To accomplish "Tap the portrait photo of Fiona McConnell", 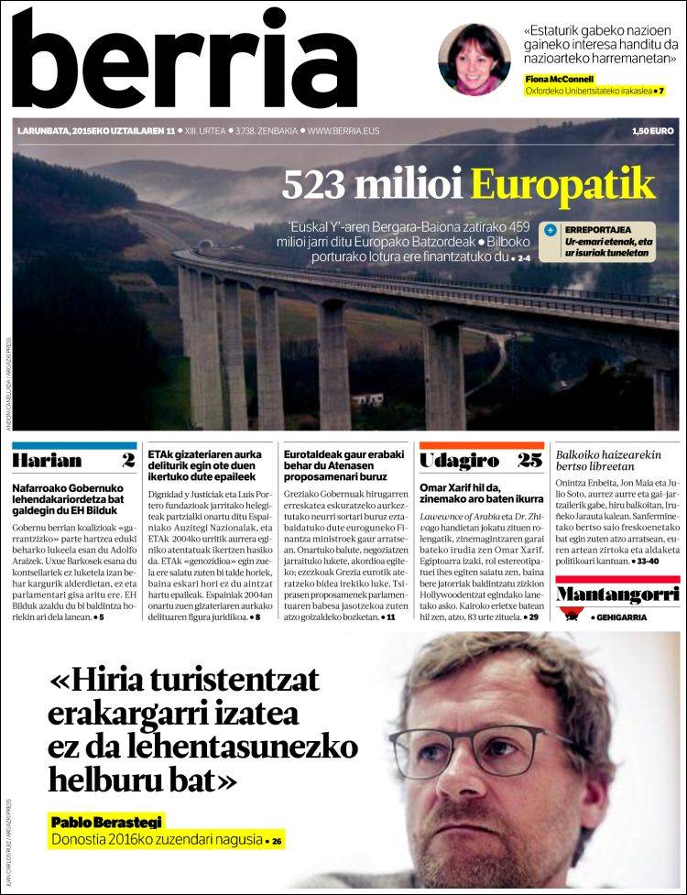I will point(474,59).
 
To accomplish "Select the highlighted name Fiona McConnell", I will point(561,79).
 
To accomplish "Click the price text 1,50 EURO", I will point(652,131).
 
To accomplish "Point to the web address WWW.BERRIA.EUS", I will point(343,131).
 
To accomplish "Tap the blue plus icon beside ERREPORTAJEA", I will point(550,230).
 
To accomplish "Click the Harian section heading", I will point(48,460).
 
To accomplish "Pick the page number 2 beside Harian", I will point(127,460).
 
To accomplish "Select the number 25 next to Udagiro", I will point(529,460).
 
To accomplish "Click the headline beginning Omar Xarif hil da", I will point(480,493).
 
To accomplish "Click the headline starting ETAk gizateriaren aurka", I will point(209,464).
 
